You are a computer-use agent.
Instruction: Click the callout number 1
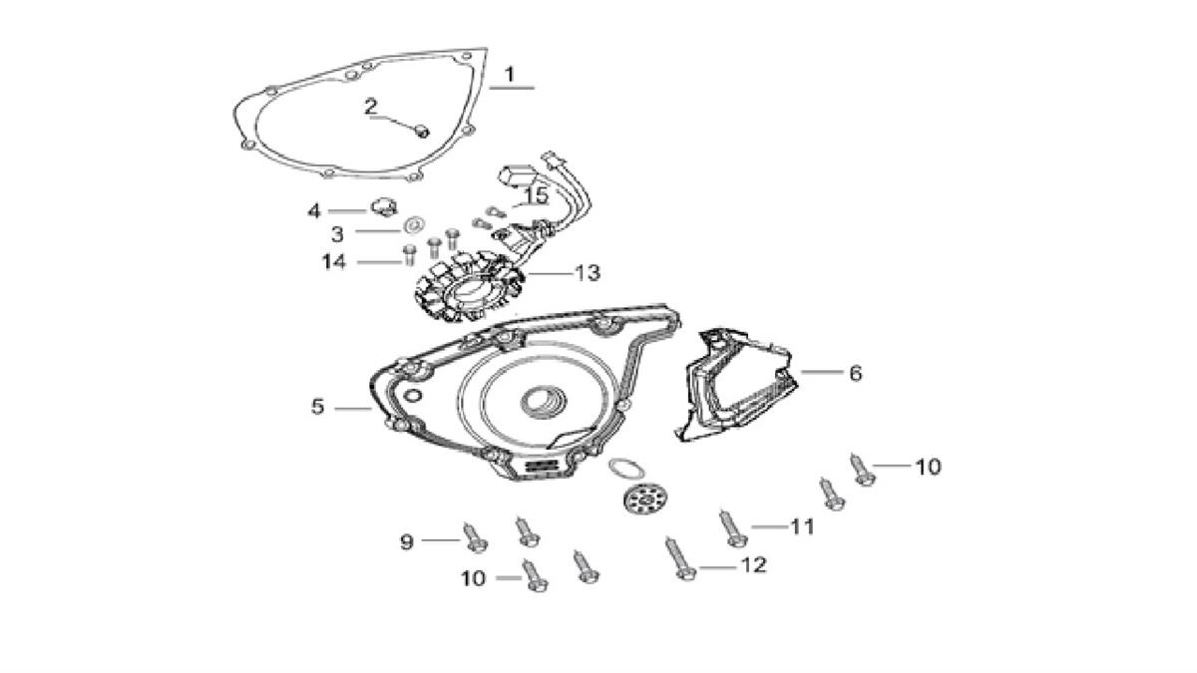click(510, 75)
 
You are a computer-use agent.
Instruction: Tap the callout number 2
click(371, 107)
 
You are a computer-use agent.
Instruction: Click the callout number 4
click(314, 210)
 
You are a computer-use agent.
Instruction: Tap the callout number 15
click(536, 195)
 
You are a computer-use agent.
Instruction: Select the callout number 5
click(317, 407)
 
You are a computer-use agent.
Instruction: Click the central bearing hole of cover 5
click(539, 402)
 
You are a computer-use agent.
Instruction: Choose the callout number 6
click(855, 373)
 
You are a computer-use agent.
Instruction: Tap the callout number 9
click(406, 541)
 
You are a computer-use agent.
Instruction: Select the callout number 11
click(803, 526)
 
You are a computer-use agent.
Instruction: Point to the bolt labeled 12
click(677, 557)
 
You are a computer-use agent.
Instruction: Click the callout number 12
click(752, 565)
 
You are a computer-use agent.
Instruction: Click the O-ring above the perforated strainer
click(624, 467)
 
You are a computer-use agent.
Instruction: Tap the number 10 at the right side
click(928, 466)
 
